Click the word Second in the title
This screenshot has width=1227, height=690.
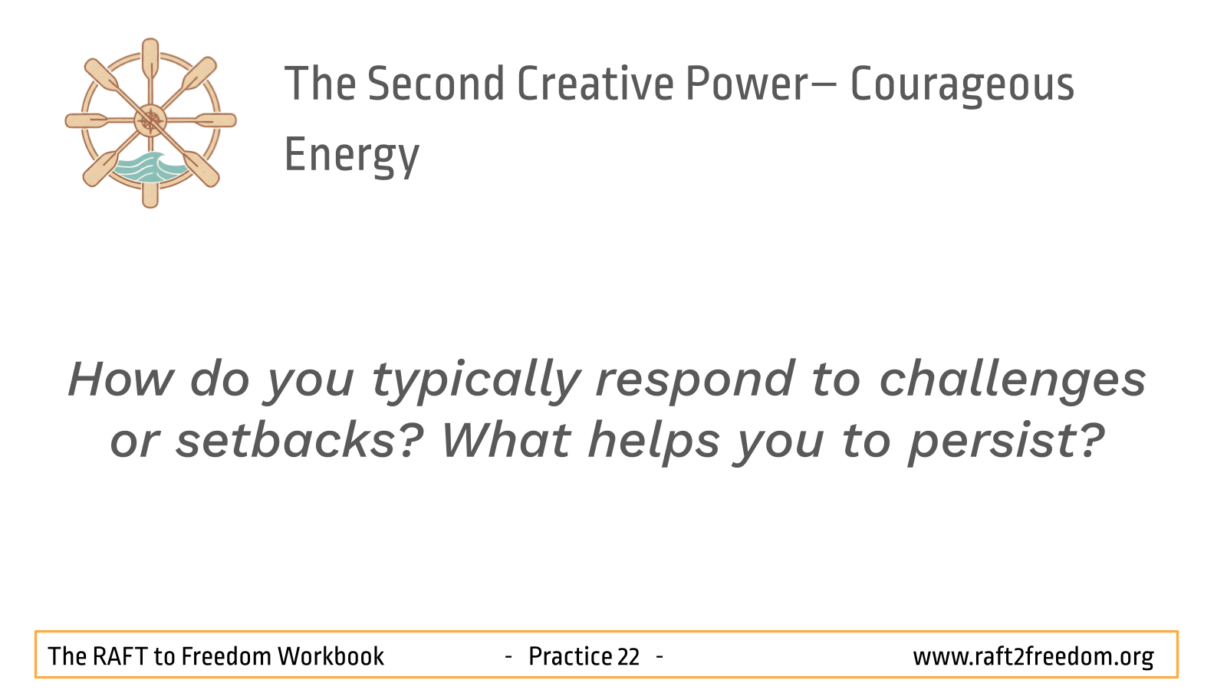[436, 84]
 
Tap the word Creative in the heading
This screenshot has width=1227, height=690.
[595, 84]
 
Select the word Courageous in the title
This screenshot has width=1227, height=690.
[962, 87]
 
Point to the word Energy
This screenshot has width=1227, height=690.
[352, 157]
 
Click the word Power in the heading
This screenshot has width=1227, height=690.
[747, 84]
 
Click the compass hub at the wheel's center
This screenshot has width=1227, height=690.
[150, 121]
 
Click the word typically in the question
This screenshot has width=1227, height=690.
[475, 382]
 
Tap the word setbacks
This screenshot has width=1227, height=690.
[300, 440]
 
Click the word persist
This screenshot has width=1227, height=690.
[1007, 442]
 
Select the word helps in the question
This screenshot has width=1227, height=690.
[653, 442]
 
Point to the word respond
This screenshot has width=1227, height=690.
[695, 382]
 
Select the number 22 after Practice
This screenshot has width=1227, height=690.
[628, 656]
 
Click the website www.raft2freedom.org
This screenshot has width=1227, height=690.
[1033, 657]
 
